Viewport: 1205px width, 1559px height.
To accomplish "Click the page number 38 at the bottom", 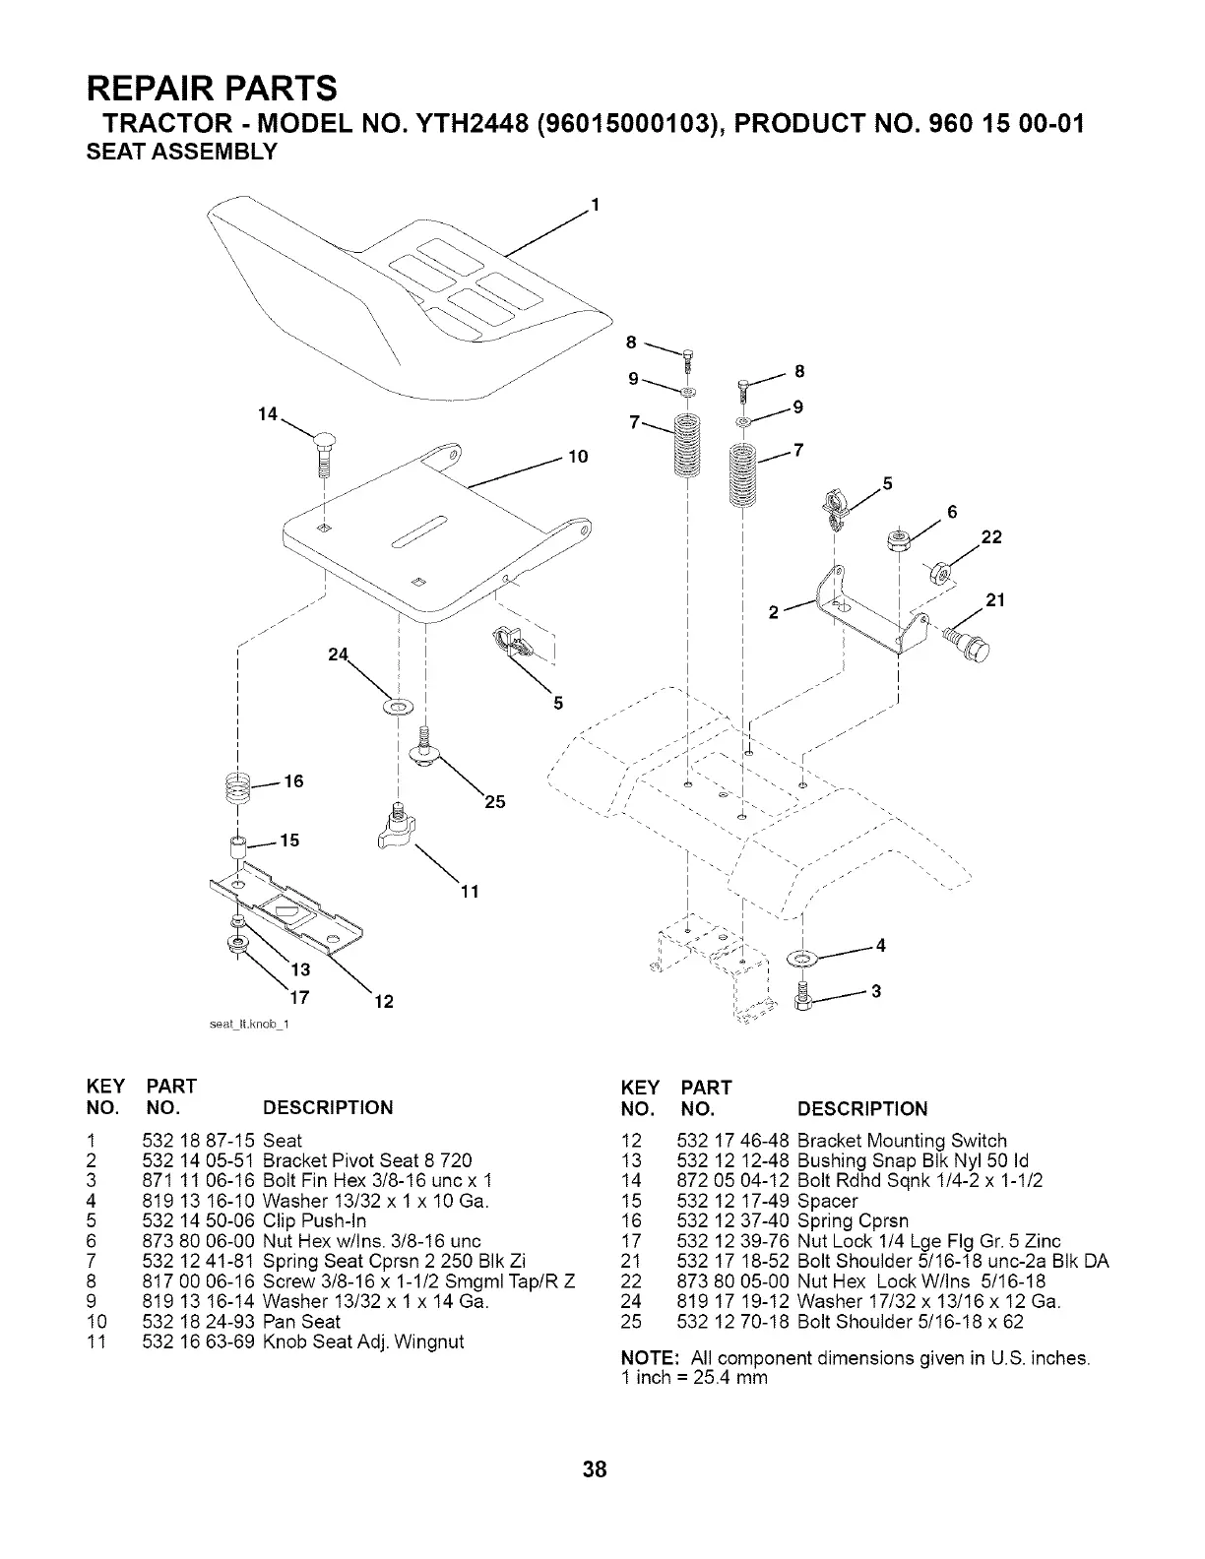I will coord(595,1471).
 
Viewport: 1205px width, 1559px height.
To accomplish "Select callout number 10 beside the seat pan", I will coord(578,457).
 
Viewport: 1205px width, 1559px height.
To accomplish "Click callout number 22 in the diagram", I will coord(991,536).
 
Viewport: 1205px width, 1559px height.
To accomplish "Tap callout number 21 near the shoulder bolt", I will coord(994,599).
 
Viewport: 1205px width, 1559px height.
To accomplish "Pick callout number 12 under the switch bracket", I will coord(384,1002).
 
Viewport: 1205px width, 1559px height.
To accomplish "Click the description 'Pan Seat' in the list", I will coord(301,1321).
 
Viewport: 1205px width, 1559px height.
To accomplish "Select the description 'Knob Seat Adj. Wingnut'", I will coord(363,1341).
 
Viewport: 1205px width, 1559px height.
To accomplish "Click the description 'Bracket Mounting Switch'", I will coord(902,1140).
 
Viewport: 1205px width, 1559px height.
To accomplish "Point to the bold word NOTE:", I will coord(646,1358).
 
